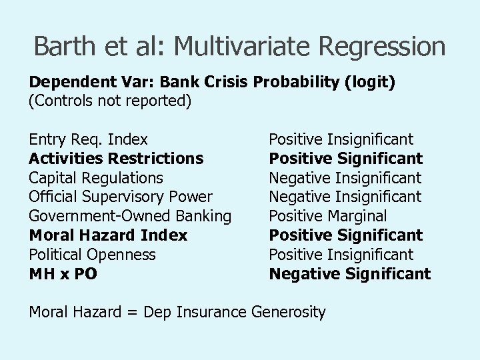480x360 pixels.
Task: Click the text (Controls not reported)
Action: (x=110, y=101)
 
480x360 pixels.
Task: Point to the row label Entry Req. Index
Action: (x=88, y=140)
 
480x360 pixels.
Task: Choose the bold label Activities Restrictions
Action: (x=116, y=159)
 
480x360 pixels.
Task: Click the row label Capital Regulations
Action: (x=95, y=178)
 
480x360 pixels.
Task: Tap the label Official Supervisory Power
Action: (x=121, y=197)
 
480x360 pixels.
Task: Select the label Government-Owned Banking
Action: (x=130, y=216)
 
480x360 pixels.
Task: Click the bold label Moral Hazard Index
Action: (x=108, y=235)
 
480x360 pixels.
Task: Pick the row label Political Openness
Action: (x=92, y=255)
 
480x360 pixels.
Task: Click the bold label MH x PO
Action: (x=63, y=274)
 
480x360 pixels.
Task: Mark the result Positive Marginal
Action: (x=327, y=216)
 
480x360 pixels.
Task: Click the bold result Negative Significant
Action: (x=349, y=274)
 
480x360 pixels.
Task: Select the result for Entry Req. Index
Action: (x=341, y=140)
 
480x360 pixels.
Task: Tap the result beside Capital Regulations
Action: (x=345, y=178)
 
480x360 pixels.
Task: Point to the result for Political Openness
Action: (x=341, y=255)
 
